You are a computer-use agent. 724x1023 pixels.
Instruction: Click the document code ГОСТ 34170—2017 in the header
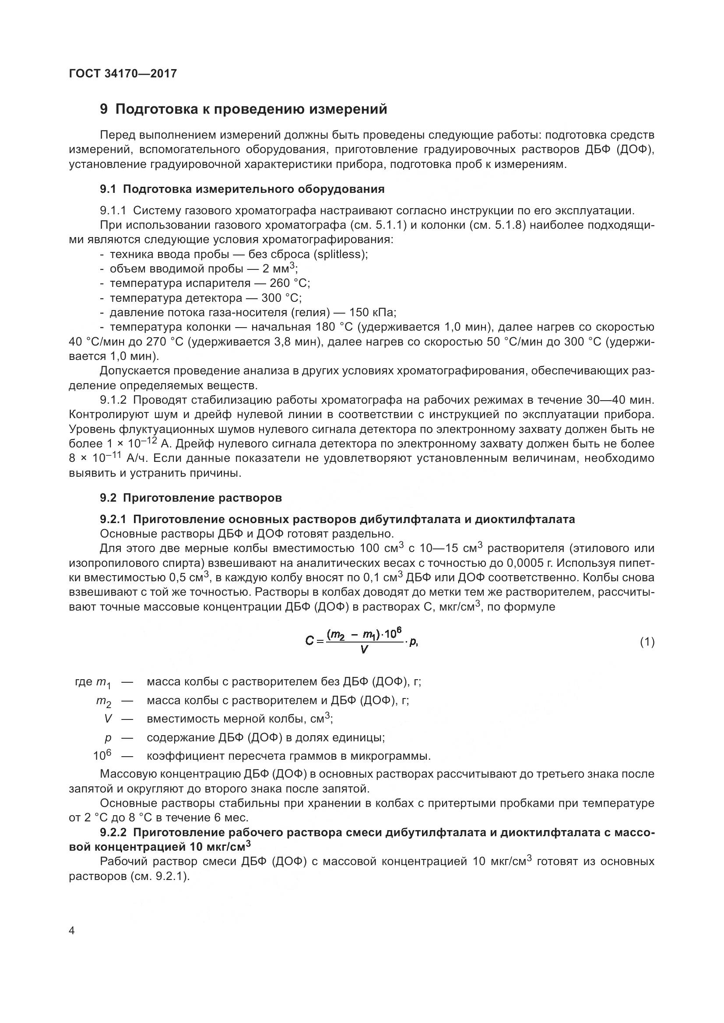click(x=123, y=73)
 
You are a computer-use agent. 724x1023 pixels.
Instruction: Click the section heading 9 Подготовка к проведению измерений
click(x=243, y=109)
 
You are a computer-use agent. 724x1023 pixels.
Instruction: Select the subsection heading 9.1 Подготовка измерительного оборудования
click(x=242, y=189)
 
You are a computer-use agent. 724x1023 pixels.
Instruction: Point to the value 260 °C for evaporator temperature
click(x=289, y=283)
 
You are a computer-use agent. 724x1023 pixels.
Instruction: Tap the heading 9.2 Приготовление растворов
click(x=191, y=498)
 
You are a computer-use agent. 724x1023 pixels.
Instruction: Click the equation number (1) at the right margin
click(x=647, y=642)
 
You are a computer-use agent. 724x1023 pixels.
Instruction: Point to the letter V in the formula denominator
click(x=364, y=649)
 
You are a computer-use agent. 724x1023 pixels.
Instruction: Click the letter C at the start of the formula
click(x=309, y=642)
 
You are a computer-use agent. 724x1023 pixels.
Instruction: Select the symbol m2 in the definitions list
click(x=103, y=701)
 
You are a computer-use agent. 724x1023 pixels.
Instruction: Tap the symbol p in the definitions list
click(x=107, y=737)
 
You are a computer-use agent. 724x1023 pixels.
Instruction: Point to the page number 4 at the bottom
click(x=72, y=931)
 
